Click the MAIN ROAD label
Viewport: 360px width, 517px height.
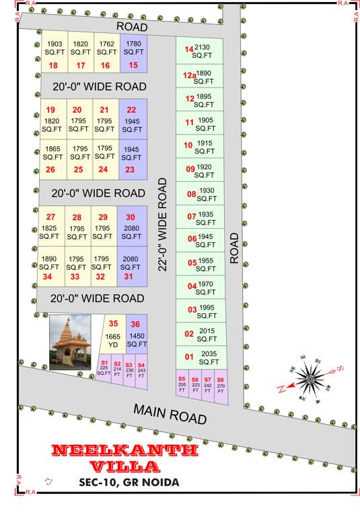pos(170,412)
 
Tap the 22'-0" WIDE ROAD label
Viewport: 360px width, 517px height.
pos(161,225)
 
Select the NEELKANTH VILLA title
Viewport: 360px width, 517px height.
pos(124,457)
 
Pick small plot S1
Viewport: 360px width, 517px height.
pos(104,369)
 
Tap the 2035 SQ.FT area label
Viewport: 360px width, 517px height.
pos(209,357)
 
